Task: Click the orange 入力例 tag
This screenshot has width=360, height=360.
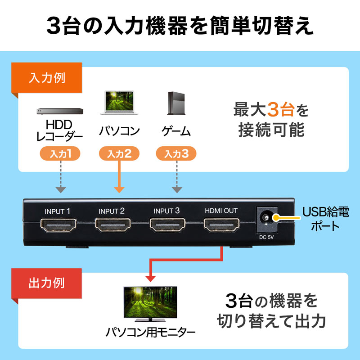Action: (47, 77)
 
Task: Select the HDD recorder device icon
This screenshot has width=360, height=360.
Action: (58, 110)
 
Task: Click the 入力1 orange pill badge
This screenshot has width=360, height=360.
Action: (60, 154)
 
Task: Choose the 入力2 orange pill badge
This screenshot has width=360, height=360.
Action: (119, 154)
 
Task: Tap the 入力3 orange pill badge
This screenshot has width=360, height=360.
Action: (176, 154)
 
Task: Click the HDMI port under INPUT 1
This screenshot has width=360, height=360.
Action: (59, 224)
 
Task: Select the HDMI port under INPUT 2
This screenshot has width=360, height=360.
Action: (113, 224)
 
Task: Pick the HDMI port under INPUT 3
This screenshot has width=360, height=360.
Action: (167, 224)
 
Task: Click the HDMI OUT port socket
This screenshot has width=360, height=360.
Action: (221, 224)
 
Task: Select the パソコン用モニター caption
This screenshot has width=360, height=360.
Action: (150, 333)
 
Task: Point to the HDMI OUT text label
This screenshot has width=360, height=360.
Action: (221, 211)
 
